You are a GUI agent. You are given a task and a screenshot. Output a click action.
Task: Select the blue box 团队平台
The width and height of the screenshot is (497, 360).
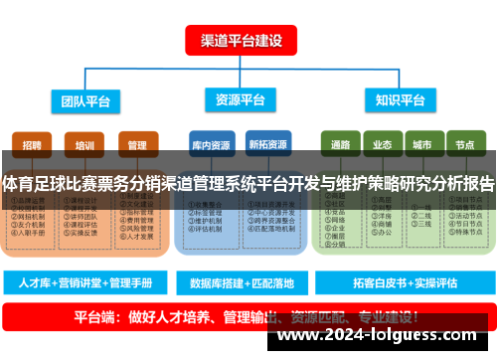(83, 99)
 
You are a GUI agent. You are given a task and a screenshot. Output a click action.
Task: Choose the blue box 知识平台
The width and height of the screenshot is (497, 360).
(400, 99)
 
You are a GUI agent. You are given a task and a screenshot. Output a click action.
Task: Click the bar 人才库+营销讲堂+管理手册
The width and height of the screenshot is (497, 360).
(84, 283)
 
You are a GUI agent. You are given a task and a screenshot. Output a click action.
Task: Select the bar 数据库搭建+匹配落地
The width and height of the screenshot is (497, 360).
(242, 283)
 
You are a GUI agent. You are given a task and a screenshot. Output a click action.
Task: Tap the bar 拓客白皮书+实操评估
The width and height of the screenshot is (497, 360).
(401, 283)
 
